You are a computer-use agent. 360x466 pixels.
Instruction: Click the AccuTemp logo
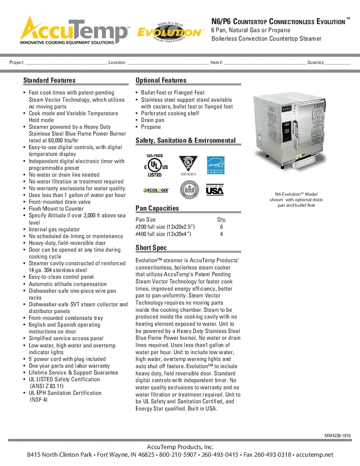tap(75, 30)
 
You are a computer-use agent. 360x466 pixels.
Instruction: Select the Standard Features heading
tap(50, 80)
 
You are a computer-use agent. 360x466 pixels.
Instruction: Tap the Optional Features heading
tap(161, 80)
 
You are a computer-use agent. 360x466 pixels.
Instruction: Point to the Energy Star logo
tap(215, 165)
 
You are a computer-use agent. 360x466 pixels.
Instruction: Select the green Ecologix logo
tap(156, 190)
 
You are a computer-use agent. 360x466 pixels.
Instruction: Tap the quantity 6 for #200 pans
tap(222, 227)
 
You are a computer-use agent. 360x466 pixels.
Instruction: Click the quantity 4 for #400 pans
tap(222, 234)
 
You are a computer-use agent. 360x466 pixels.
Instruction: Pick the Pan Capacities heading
tap(157, 208)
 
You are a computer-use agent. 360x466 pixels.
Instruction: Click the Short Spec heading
tap(151, 248)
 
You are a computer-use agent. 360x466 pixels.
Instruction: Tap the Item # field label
tap(217, 63)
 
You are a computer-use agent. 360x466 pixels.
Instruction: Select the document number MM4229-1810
tap(338, 435)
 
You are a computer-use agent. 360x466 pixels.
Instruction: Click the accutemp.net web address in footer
tap(315, 455)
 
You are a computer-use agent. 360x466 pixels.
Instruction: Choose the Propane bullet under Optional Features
tap(151, 127)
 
